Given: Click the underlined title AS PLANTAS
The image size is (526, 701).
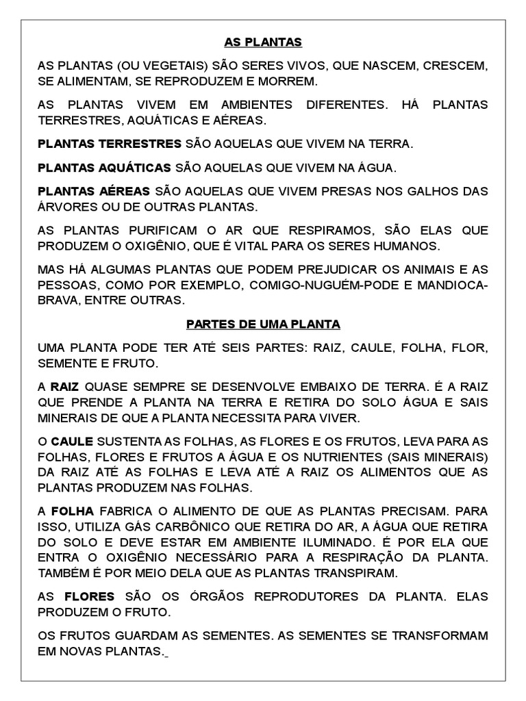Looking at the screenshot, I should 263,42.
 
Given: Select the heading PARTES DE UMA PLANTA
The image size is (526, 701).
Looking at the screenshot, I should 263,323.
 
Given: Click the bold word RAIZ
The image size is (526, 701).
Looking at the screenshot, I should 65,387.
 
